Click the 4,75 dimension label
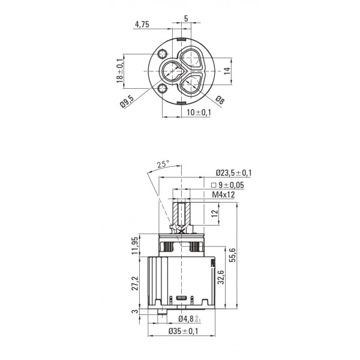142,24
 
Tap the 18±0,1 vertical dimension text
120,70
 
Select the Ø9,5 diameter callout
127,101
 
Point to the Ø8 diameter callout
220,100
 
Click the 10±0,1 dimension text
199,113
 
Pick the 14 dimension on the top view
227,70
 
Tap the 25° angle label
163,164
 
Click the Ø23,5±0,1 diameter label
234,173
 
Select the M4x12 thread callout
223,194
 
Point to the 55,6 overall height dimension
233,255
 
